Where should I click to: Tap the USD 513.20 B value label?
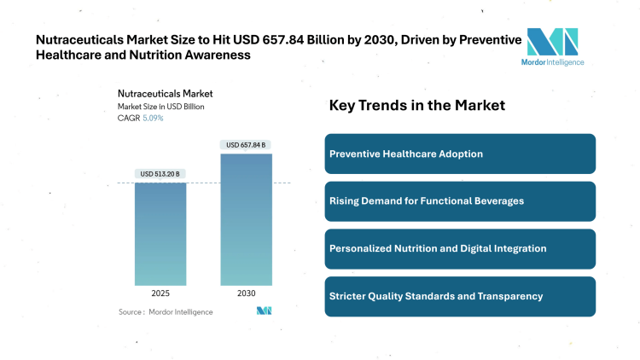(160, 174)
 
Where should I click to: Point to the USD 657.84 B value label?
(246, 145)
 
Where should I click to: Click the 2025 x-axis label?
(160, 293)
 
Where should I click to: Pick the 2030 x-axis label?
(246, 293)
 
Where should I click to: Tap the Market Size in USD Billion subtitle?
(160, 107)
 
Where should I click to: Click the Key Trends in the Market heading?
(417, 106)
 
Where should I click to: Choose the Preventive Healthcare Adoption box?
(460, 154)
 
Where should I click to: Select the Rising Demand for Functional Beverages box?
(460, 201)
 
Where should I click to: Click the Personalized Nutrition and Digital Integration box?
(460, 248)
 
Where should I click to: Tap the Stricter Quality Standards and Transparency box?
(460, 296)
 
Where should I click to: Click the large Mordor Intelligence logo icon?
(552, 42)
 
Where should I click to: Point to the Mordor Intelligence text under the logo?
(552, 61)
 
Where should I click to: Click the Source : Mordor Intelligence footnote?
(166, 311)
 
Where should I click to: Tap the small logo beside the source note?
(264, 311)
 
